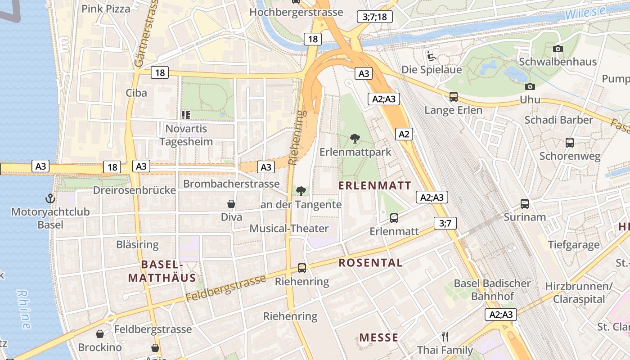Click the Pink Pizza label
coord(106,9)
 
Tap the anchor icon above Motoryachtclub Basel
coord(50,198)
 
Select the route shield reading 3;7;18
coord(374,17)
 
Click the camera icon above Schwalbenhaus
coord(558,49)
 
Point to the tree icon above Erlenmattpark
coord(355,139)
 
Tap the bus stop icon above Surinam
coord(525,203)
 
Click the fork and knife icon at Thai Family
coord(445,337)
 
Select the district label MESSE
coord(378,337)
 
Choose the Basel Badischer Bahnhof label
coord(492,290)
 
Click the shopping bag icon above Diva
coord(231,204)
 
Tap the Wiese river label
coord(585,13)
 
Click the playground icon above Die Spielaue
coord(431,56)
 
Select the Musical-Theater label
coord(289,229)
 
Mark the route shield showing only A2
coord(404,134)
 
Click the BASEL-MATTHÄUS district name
coord(162,271)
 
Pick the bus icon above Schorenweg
coord(570,143)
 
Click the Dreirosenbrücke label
coord(134,190)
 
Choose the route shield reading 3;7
coord(445,223)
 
